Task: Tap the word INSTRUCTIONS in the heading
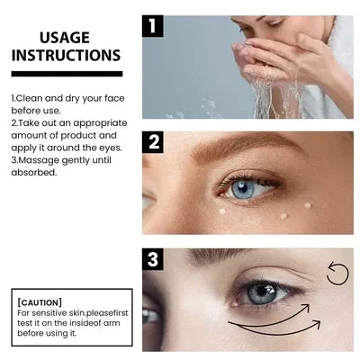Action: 66,56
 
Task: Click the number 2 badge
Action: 154,141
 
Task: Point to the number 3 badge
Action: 154,260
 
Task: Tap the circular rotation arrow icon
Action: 337,273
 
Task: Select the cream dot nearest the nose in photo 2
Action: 222,211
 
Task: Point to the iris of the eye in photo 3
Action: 260,295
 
